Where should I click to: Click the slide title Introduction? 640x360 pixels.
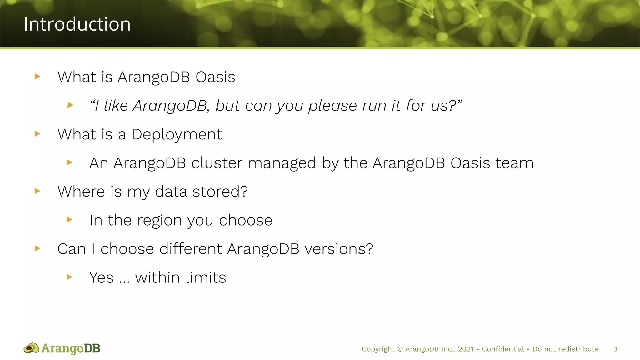pos(77,24)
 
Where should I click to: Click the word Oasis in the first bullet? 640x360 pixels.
pos(215,77)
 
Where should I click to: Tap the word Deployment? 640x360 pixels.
pos(177,134)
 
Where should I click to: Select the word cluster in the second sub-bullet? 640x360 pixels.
pos(217,163)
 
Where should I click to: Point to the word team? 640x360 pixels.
pos(514,163)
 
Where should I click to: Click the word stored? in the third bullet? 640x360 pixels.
pos(220,192)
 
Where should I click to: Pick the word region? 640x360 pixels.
pos(160,221)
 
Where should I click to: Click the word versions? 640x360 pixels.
pos(339,249)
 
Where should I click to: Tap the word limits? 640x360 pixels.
pos(206,277)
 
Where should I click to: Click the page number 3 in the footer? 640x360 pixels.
pos(615,349)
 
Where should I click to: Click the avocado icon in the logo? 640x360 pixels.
pos(31,348)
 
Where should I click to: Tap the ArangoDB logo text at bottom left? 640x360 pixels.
pos(71,348)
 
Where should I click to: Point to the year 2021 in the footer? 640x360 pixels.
pos(466,349)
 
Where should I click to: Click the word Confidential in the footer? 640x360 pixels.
pos(503,349)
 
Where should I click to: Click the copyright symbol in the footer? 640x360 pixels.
pos(400,349)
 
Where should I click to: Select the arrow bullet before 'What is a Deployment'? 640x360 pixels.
pos(37,134)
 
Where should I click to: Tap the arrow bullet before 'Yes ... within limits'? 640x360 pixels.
pos(69,277)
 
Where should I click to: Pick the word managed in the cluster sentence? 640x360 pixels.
pos(282,163)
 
